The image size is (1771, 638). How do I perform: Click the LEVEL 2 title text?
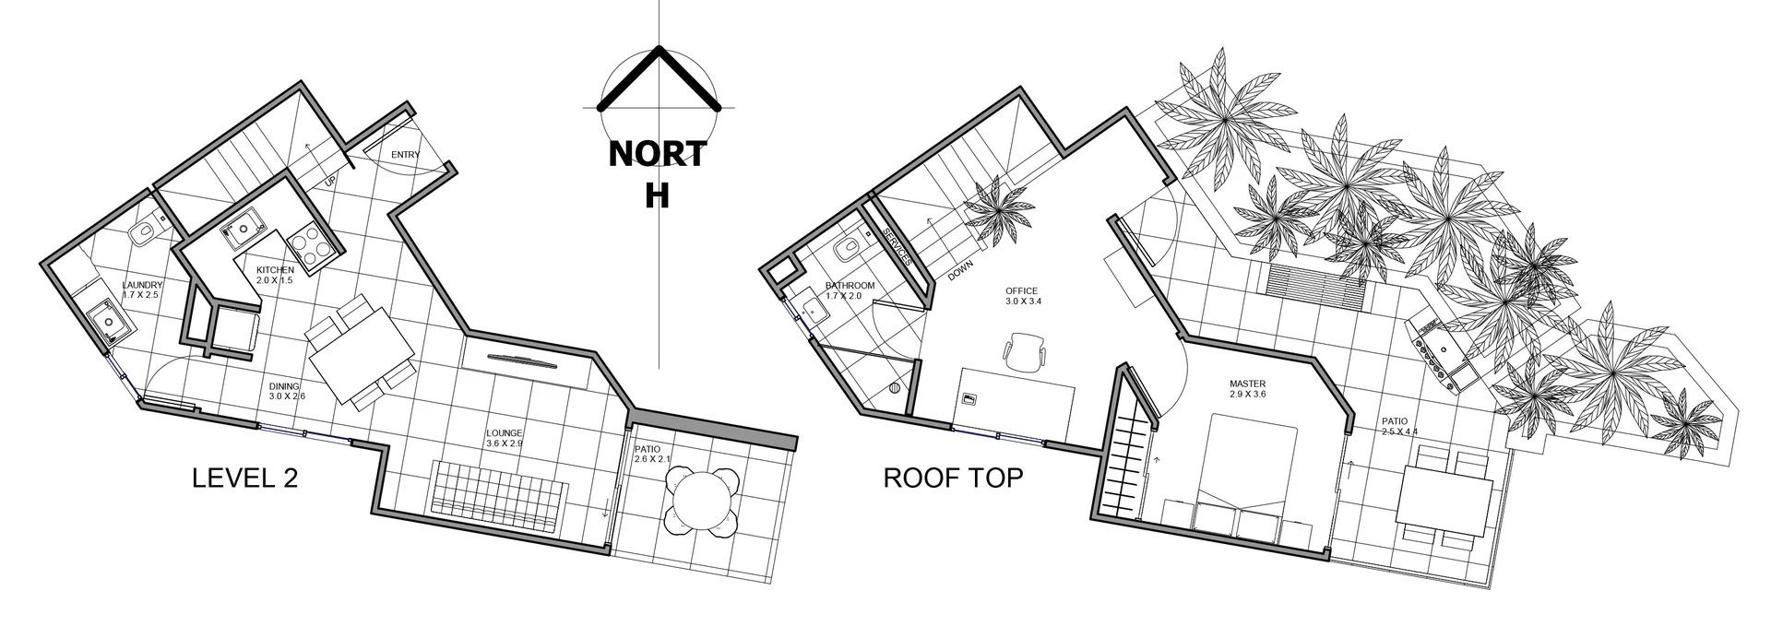244,478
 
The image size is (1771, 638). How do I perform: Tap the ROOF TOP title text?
953,478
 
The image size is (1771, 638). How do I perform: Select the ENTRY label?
405,155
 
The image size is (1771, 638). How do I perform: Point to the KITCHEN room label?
275,270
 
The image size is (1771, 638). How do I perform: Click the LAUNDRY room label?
142,286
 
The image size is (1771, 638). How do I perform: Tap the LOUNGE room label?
505,433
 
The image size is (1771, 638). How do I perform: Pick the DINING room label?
284,387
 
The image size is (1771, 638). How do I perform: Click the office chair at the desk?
1024,351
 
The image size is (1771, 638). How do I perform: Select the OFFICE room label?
1021,291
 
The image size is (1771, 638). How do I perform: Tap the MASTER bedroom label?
1247,384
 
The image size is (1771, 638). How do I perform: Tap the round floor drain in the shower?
894,389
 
